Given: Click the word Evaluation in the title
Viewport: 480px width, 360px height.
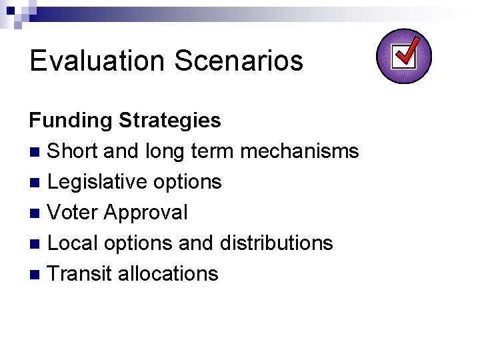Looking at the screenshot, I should click(97, 61).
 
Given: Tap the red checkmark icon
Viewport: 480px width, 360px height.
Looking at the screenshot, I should click(404, 56).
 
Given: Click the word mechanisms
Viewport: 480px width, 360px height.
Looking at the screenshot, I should click(299, 151).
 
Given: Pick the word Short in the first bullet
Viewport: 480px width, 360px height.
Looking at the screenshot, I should click(73, 151).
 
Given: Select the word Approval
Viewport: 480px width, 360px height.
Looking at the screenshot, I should click(146, 213).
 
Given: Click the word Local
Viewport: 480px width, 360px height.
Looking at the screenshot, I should click(73, 243).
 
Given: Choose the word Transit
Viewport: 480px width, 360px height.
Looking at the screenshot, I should click(80, 274).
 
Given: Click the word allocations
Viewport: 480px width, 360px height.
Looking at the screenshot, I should click(167, 274).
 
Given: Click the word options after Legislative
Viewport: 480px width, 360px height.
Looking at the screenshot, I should click(191, 182).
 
